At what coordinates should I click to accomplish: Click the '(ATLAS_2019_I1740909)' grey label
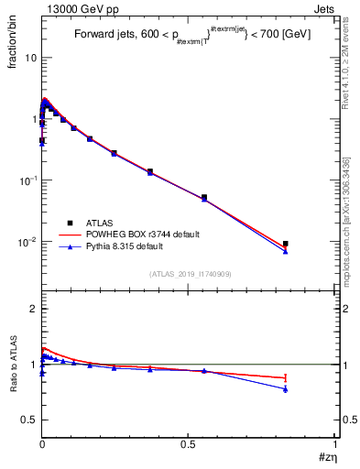(190, 275)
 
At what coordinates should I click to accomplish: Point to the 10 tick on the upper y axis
(30, 57)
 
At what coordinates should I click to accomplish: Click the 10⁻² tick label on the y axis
(27, 242)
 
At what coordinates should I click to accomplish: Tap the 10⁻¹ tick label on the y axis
(27, 180)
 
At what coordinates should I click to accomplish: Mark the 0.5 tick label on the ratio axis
(29, 420)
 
